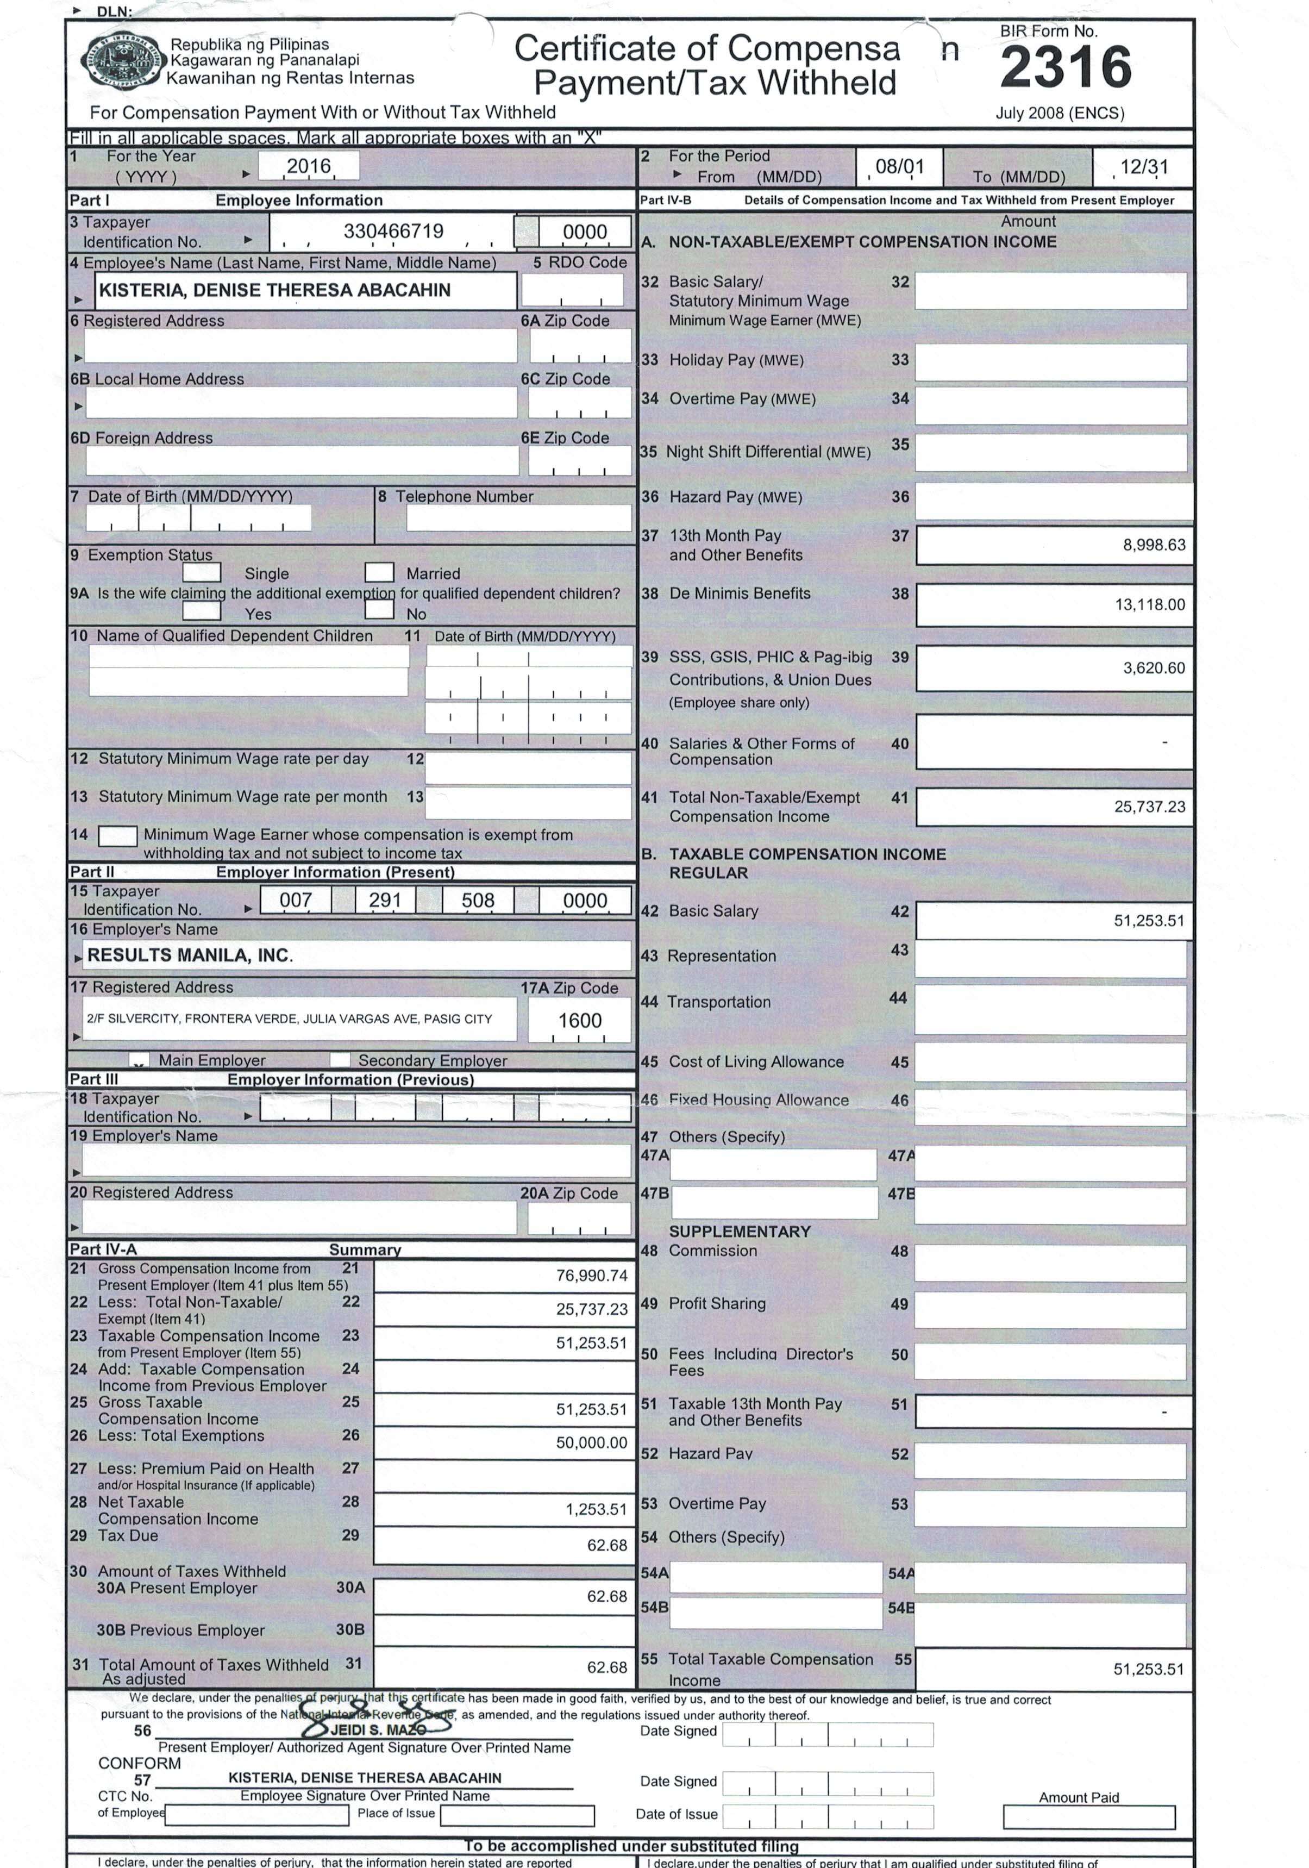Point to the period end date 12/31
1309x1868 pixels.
[1143, 167]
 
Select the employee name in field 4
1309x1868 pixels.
[274, 290]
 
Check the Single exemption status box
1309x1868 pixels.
[202, 573]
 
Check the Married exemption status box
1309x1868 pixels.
[379, 573]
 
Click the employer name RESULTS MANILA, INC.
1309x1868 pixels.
[190, 955]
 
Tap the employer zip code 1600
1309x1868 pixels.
[579, 1020]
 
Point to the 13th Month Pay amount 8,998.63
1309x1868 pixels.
[1154, 545]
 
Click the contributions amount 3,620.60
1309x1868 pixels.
[1154, 668]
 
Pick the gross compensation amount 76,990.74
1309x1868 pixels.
[591, 1276]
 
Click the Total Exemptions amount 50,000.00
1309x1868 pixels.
[591, 1442]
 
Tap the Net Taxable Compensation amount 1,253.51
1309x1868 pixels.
[596, 1509]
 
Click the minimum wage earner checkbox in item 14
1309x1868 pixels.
[117, 835]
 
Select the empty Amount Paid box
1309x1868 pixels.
[1088, 1817]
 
